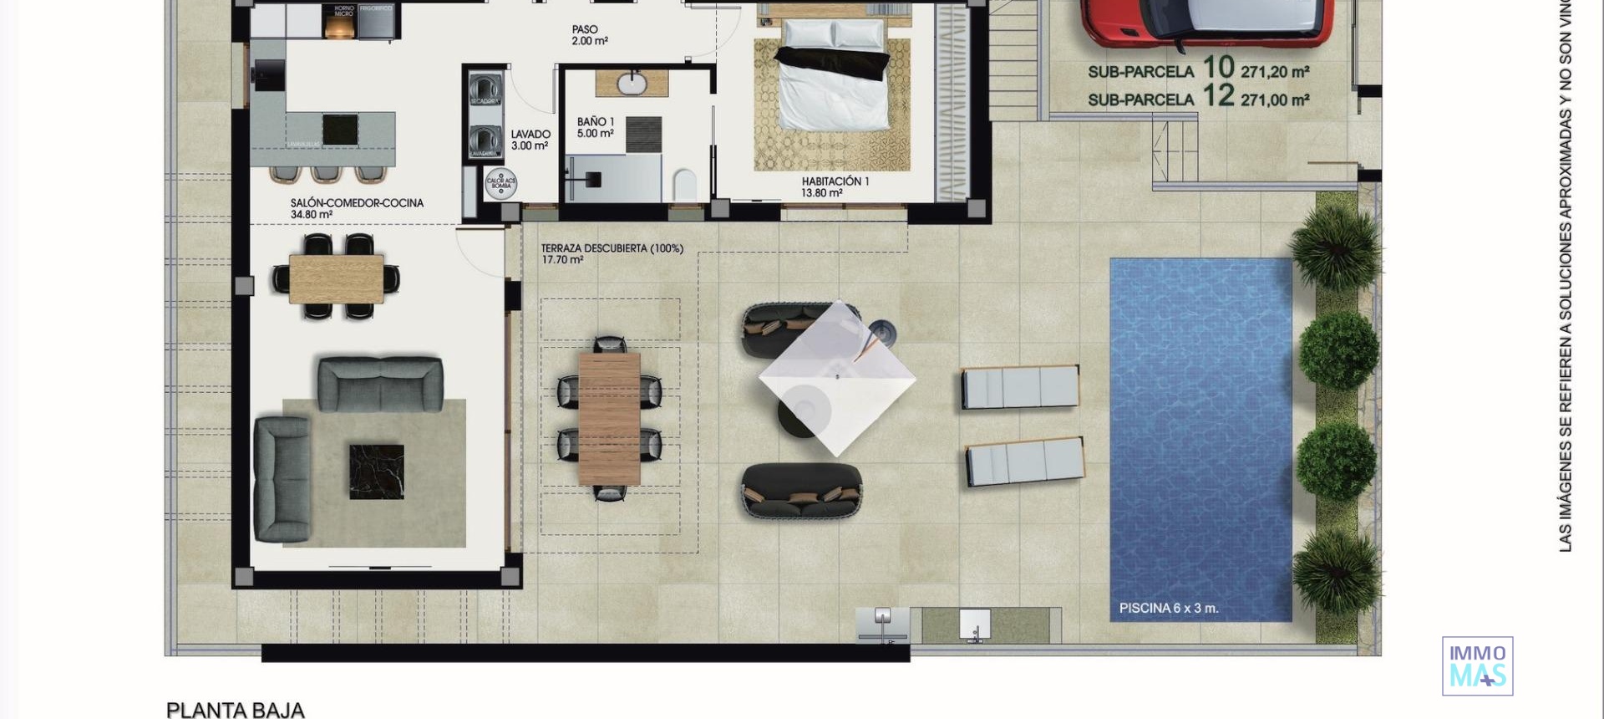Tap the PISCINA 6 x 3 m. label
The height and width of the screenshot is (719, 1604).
(1168, 609)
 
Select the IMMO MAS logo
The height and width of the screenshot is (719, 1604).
(1477, 666)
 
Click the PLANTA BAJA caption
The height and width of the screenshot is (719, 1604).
(236, 710)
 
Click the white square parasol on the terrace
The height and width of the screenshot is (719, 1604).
(837, 378)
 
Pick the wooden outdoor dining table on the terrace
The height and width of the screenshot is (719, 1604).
(609, 417)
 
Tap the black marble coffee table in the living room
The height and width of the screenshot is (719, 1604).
(376, 472)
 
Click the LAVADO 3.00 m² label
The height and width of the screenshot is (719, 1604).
(530, 140)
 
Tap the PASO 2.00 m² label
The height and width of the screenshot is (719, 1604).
(589, 35)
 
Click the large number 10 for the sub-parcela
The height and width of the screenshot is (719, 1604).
(1218, 67)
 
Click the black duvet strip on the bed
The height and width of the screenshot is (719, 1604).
(831, 63)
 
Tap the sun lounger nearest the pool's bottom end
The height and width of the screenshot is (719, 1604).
(1025, 461)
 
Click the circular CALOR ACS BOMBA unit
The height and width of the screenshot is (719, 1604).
(501, 183)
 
